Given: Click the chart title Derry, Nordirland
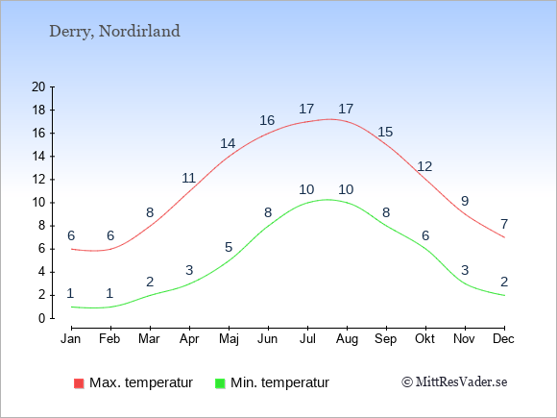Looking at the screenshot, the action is (114, 32).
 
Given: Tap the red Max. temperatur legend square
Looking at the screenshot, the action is (79, 383).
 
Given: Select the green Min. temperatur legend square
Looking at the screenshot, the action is (220, 383).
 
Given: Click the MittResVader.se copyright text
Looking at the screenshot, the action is (454, 382).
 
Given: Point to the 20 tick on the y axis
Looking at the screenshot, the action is (38, 86).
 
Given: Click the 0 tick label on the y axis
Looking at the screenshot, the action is (42, 318).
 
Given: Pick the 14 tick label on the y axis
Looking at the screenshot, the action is (38, 156).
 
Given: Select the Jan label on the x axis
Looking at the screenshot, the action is (71, 339).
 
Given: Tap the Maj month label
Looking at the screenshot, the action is (229, 339).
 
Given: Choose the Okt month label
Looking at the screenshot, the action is (424, 339).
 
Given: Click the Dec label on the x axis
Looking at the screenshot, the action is (503, 339).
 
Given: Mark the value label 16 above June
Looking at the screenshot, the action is (267, 120).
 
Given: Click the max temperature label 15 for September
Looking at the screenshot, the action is (385, 132).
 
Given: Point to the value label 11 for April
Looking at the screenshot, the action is (188, 178).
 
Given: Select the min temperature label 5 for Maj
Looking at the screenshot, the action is (229, 247).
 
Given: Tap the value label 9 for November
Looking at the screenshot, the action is (465, 201).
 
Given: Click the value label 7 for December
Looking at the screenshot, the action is (504, 224).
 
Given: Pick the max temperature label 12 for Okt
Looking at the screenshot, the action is (424, 166).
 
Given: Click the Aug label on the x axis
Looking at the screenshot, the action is (347, 339).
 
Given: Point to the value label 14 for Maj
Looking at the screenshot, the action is (228, 143).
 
